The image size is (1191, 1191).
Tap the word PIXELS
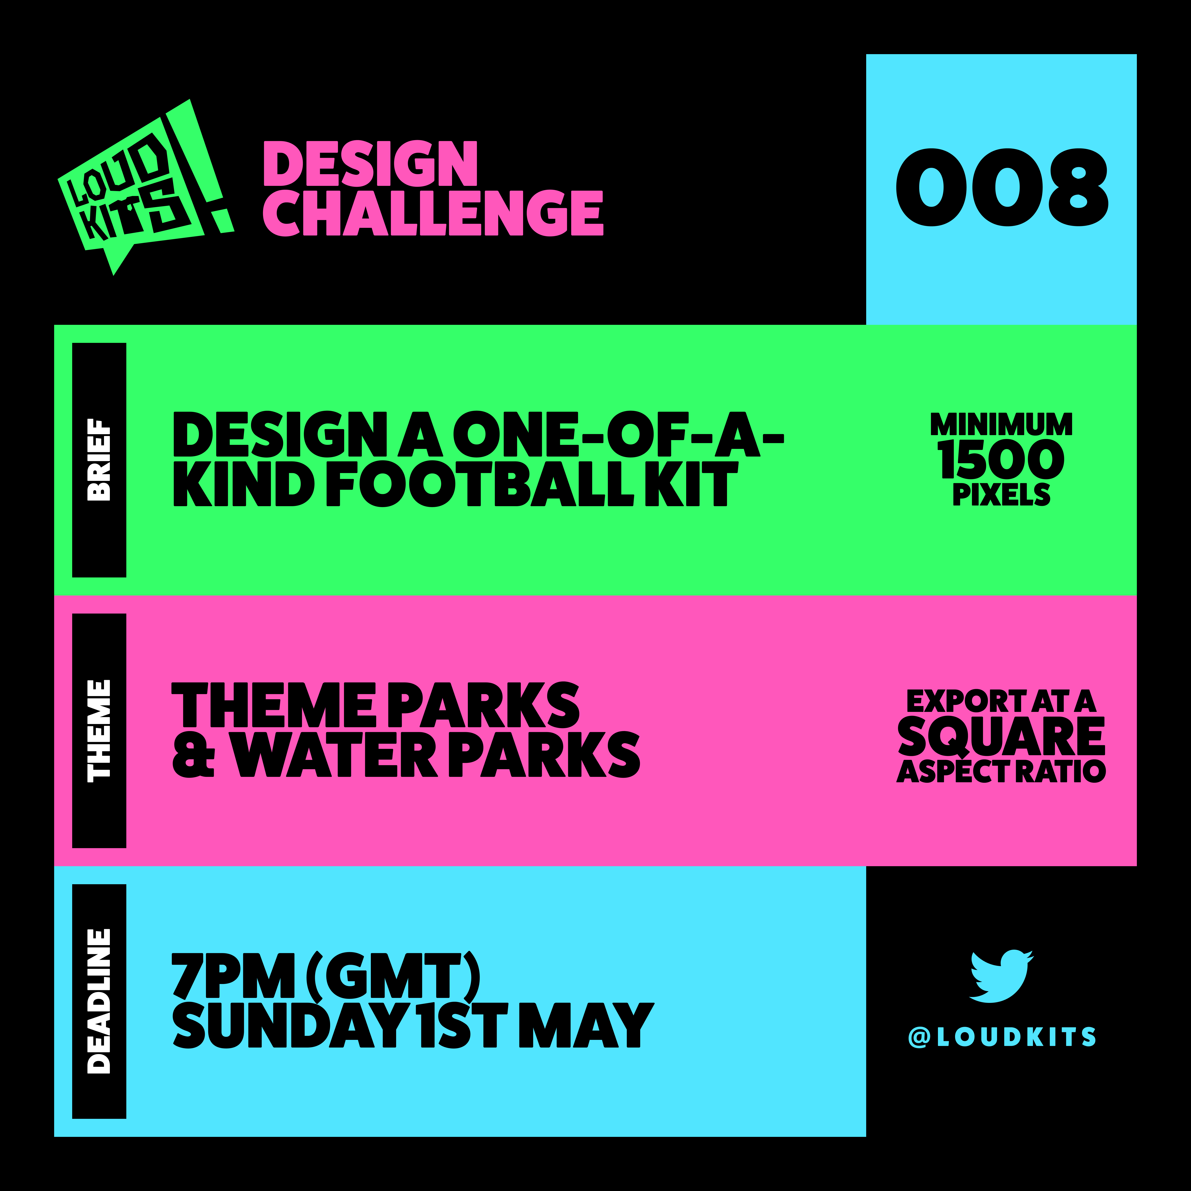pyautogui.click(x=1002, y=494)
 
